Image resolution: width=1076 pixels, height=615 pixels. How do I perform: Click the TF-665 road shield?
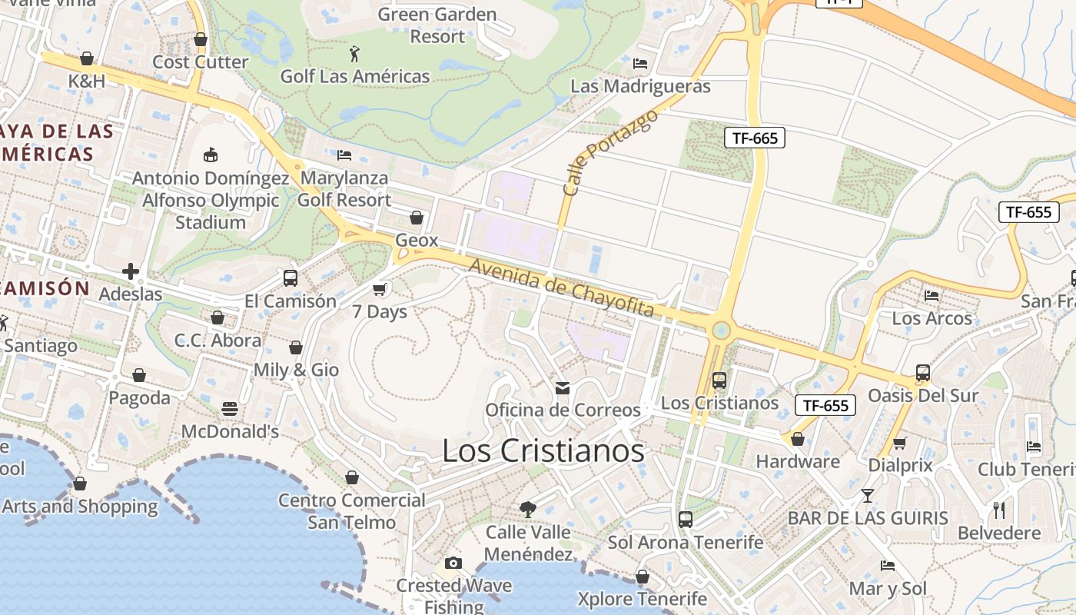pyautogui.click(x=754, y=138)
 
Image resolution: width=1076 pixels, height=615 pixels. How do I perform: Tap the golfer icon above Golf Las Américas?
pyautogui.click(x=354, y=54)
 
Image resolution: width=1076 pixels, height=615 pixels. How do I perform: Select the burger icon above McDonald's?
pyautogui.click(x=230, y=408)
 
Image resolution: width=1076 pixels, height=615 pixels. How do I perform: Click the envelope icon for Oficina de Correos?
pyautogui.click(x=563, y=388)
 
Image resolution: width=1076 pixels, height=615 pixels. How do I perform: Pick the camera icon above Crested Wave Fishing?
pyautogui.click(x=453, y=563)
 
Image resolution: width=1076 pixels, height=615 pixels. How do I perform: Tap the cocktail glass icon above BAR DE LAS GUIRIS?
pyautogui.click(x=868, y=496)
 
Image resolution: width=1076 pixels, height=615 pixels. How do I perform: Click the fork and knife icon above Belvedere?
pyautogui.click(x=999, y=510)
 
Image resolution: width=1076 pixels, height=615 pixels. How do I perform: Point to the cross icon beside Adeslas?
pyautogui.click(x=131, y=271)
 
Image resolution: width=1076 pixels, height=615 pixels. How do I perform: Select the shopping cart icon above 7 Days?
pyautogui.click(x=379, y=289)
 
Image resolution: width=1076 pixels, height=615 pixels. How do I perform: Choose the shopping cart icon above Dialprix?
pyautogui.click(x=900, y=443)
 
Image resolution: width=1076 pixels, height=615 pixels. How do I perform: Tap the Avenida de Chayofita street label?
pyautogui.click(x=561, y=288)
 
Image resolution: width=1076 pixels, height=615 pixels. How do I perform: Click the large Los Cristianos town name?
pyautogui.click(x=543, y=451)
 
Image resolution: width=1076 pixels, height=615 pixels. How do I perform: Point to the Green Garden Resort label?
pyautogui.click(x=437, y=25)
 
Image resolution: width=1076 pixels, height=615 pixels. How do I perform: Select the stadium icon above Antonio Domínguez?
pyautogui.click(x=211, y=155)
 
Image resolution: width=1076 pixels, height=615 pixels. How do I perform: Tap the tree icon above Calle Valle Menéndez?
pyautogui.click(x=528, y=508)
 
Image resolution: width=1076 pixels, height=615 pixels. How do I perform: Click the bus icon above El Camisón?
pyautogui.click(x=291, y=278)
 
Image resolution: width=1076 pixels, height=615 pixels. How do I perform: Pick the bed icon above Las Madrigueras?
pyautogui.click(x=640, y=63)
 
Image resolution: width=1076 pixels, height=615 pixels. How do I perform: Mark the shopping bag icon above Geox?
pyautogui.click(x=417, y=218)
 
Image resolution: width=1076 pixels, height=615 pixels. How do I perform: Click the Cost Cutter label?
pyautogui.click(x=201, y=61)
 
